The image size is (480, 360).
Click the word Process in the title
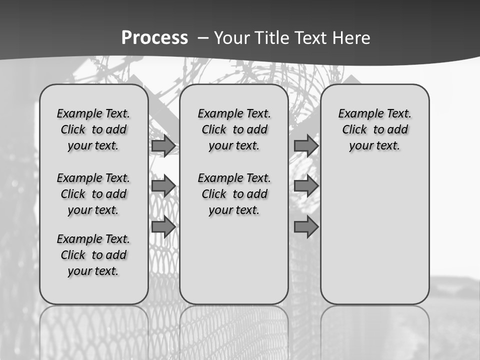click(154, 38)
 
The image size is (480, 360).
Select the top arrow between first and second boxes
click(163, 146)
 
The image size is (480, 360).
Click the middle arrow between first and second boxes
click(163, 186)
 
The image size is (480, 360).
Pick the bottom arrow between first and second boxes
click(163, 226)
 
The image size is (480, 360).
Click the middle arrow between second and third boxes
click(306, 186)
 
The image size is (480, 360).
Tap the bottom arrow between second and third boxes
click(306, 226)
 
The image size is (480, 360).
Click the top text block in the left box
click(93, 129)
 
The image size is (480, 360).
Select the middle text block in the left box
click(93, 194)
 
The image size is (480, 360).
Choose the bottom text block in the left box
click(93, 255)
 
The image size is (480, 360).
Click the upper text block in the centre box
click(234, 129)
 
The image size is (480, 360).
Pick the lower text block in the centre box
click(234, 194)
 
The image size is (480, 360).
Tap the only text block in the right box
click(374, 129)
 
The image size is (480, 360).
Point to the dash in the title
click(203, 38)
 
